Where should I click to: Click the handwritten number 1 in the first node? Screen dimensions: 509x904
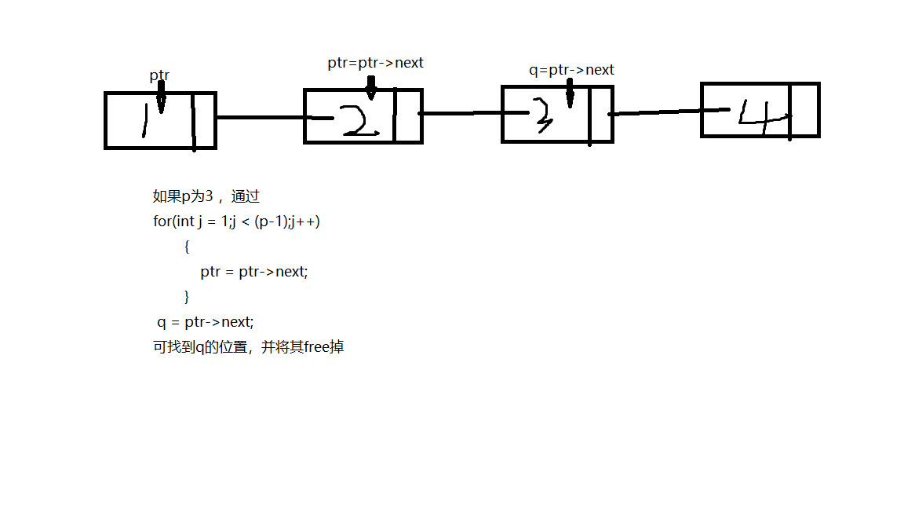pyautogui.click(x=144, y=121)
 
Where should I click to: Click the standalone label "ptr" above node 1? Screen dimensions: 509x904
pyautogui.click(x=159, y=76)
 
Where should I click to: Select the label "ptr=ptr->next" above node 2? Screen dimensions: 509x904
pyautogui.click(x=375, y=63)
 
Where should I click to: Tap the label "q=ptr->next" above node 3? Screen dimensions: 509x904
pyautogui.click(x=571, y=70)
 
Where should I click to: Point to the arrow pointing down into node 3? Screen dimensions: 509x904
pyautogui.click(x=570, y=94)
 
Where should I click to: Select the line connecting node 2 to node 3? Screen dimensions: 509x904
pyautogui.click(x=461, y=114)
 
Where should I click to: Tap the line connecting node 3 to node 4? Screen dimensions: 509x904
pyautogui.click(x=656, y=112)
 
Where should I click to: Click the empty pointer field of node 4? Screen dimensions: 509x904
pyautogui.click(x=804, y=110)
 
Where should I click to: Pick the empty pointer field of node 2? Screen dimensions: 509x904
pyautogui.click(x=407, y=116)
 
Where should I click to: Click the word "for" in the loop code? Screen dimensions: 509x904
pyautogui.click(x=161, y=222)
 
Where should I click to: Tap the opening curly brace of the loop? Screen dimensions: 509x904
pyautogui.click(x=186, y=247)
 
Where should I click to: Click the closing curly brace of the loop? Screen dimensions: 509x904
pyautogui.click(x=186, y=297)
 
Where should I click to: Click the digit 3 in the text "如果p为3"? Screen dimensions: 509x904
pyautogui.click(x=209, y=196)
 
